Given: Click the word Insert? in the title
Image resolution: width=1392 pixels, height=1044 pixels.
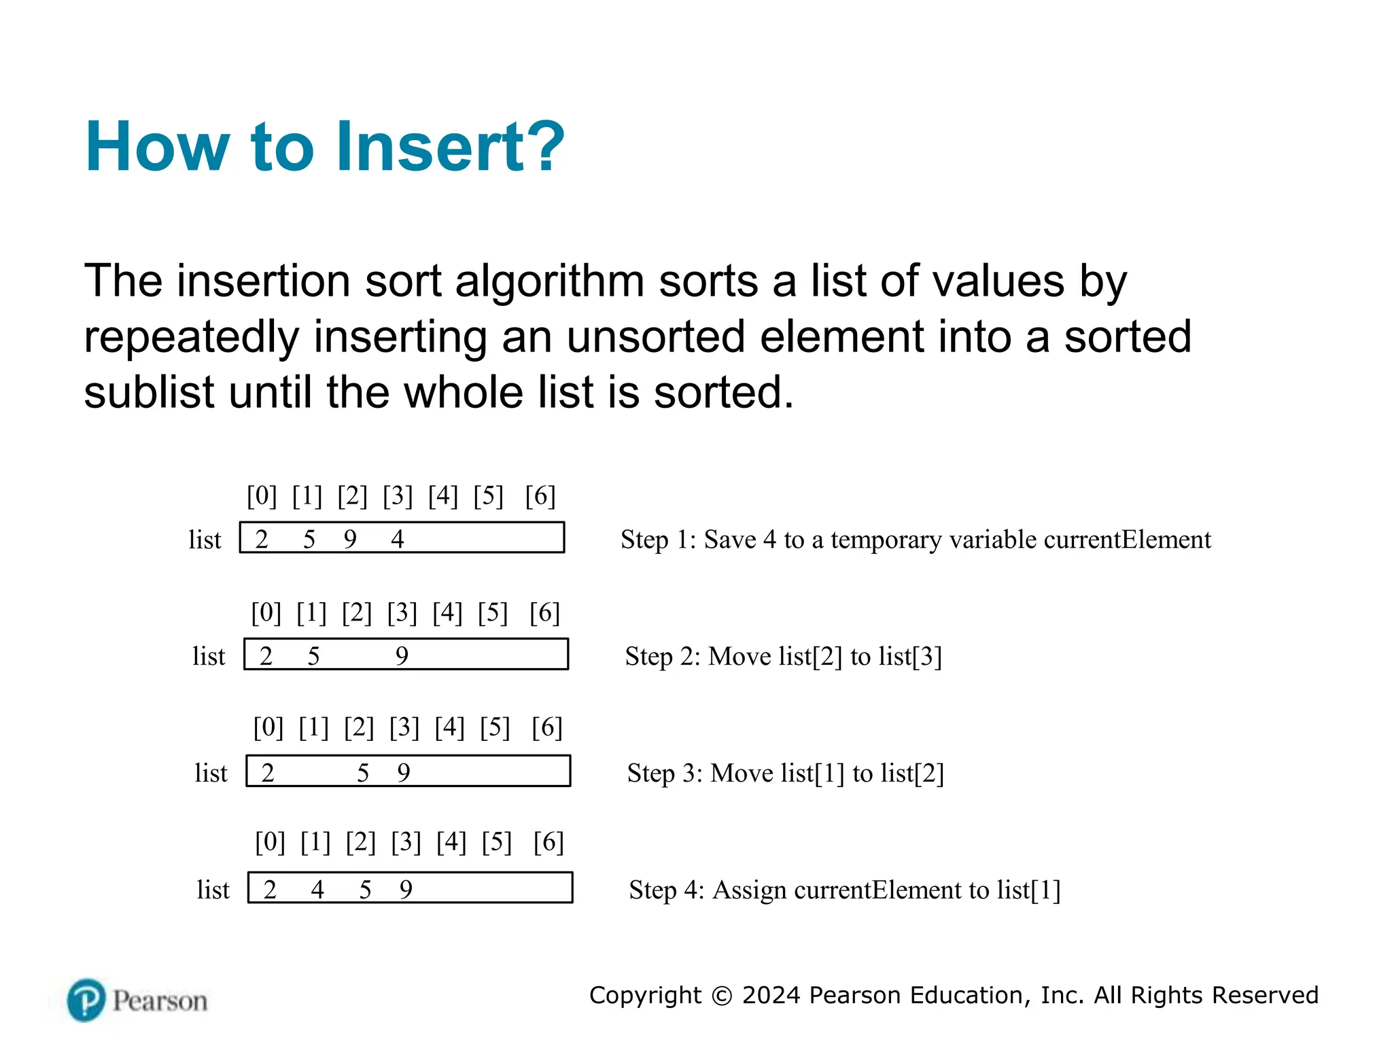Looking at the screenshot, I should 450,147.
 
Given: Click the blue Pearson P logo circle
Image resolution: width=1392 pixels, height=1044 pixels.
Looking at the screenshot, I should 86,1000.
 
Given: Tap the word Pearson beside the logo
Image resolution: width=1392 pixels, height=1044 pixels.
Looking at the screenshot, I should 160,1001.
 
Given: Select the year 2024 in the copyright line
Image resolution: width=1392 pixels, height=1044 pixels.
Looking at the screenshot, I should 771,995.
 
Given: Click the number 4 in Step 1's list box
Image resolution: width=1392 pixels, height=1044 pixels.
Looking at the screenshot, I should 398,539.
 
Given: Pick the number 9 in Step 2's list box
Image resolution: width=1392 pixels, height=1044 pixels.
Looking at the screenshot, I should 402,656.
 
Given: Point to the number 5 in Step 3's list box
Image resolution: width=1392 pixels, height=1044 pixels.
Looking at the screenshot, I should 363,773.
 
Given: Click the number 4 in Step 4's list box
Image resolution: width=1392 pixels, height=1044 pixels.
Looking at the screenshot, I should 317,890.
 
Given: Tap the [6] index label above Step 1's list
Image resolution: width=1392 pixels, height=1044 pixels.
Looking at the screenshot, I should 540,496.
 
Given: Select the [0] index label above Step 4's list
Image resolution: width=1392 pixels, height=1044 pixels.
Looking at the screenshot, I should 270,843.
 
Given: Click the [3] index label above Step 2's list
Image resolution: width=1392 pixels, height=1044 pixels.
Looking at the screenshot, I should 402,613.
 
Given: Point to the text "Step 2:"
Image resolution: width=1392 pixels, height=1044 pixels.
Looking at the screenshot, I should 662,657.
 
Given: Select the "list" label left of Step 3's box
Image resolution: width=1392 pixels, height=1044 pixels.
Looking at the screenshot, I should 211,773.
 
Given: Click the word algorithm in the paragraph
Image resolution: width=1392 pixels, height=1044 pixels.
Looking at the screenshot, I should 549,281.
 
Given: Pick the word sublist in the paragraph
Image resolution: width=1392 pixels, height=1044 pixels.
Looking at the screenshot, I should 149,393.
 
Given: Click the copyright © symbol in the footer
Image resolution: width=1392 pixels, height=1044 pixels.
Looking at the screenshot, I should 722,996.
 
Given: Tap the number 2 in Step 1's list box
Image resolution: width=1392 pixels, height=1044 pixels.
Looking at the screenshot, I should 262,539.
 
